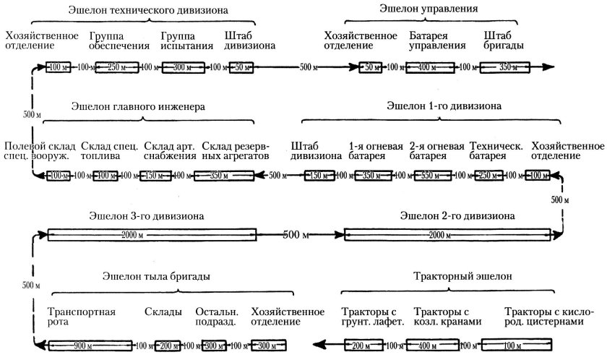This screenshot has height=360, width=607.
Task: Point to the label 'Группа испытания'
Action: pos(187,40)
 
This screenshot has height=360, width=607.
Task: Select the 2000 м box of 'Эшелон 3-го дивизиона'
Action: pos(151,235)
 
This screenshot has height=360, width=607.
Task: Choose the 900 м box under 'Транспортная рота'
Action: pos(90,345)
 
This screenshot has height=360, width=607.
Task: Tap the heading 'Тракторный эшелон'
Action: pos(462,277)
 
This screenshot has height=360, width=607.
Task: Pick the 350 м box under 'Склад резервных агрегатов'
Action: pos(228,176)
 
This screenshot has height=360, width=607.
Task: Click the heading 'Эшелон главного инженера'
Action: pos(138,106)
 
